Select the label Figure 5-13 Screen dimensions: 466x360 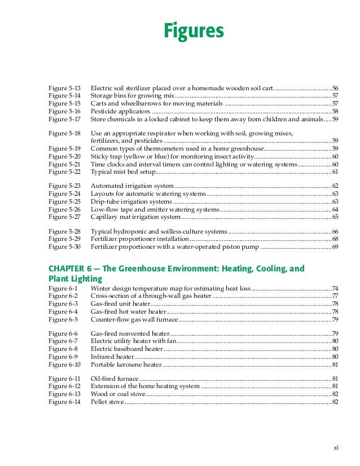[x=64, y=89]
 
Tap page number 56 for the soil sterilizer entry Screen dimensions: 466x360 [x=335, y=89]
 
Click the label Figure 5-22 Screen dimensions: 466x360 [x=64, y=172]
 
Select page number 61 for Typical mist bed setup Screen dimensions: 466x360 [x=335, y=172]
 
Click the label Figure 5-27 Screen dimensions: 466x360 [x=64, y=217]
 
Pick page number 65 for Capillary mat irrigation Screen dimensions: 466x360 [x=335, y=217]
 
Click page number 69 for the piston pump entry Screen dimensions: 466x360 [x=335, y=247]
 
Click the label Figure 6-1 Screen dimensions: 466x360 [x=63, y=288]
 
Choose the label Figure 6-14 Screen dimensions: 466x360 [x=64, y=402]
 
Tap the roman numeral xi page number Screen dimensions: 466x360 [x=336, y=448]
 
